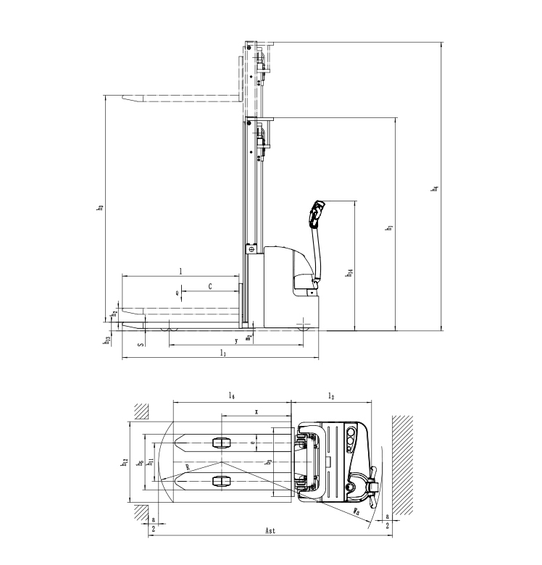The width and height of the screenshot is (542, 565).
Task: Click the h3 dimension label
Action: pyautogui.click(x=100, y=207)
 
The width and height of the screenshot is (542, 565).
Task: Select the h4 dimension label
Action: pyautogui.click(x=434, y=189)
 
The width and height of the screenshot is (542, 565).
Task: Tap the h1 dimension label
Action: pyautogui.click(x=389, y=227)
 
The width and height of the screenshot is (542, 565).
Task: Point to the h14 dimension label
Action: pyautogui.click(x=350, y=273)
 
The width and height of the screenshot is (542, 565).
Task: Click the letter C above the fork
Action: pyautogui.click(x=210, y=287)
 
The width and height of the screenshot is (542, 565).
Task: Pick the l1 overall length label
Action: pyautogui.click(x=222, y=353)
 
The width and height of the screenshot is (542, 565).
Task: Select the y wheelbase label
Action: pyautogui.click(x=236, y=340)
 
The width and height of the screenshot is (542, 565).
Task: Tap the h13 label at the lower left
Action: pyautogui.click(x=107, y=339)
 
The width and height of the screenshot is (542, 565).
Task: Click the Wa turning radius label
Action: pyautogui.click(x=357, y=511)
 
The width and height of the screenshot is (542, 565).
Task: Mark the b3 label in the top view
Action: pyautogui.click(x=268, y=461)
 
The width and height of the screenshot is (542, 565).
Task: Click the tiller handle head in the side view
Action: pyautogui.click(x=316, y=212)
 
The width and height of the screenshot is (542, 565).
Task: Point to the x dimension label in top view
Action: pyautogui.click(x=256, y=411)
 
